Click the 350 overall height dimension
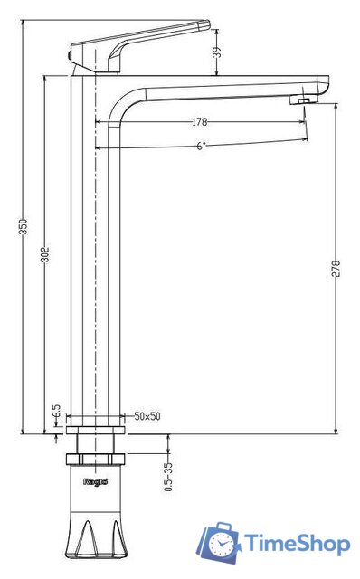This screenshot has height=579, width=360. pyautogui.click(x=24, y=227)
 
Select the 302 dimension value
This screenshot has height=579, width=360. pyautogui.click(x=44, y=254)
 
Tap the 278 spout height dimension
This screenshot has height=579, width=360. pyautogui.click(x=336, y=269)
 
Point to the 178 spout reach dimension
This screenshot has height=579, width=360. pyautogui.click(x=200, y=122)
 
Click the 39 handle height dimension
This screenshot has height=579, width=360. pyautogui.click(x=218, y=52)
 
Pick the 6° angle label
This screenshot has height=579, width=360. pyautogui.click(x=201, y=146)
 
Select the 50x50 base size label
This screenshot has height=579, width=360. pyautogui.click(x=147, y=416)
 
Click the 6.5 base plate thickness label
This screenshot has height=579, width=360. pyautogui.click(x=56, y=411)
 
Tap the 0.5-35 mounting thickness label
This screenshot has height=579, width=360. pyautogui.click(x=168, y=477)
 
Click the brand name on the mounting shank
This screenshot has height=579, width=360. pyautogui.click(x=96, y=481)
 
